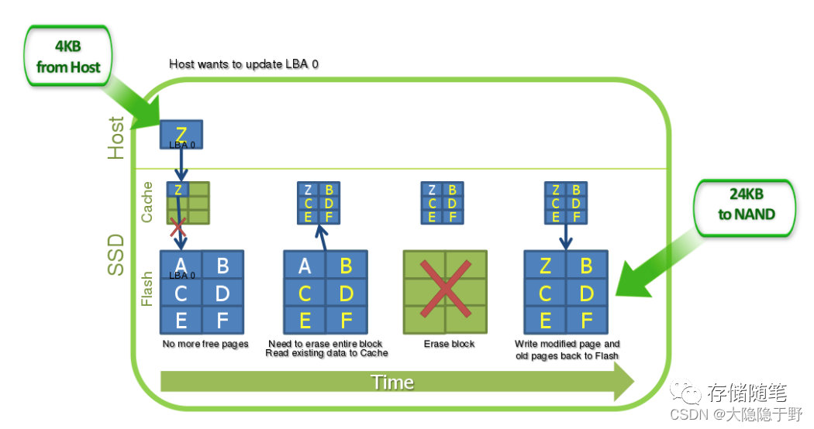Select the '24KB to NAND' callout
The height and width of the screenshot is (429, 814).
[746, 205]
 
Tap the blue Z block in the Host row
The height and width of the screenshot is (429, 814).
[181, 135]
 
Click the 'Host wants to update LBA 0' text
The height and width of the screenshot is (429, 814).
[243, 64]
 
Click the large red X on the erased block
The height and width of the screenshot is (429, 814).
[444, 292]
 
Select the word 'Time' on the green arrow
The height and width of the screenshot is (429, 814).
[392, 383]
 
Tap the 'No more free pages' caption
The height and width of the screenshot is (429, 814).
[205, 344]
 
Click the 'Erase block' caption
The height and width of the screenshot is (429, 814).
[449, 344]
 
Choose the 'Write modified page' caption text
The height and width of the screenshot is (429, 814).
[567, 344]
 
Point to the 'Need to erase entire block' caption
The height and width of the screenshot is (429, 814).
[326, 344]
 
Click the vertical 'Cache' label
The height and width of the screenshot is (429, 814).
[147, 203]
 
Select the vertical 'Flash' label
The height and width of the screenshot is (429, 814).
[147, 288]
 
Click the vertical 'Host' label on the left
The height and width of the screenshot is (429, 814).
[116, 138]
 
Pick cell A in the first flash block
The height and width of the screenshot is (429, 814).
[181, 266]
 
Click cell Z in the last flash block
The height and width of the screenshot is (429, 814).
[545, 266]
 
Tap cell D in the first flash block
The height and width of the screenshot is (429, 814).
[222, 293]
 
